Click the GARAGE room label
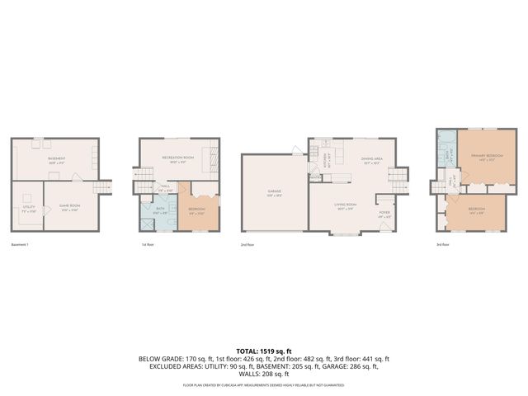274,191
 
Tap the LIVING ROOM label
344,204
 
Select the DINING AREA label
370,160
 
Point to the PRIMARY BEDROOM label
483,157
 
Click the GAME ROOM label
68,207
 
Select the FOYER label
384,214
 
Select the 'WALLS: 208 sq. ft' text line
264,375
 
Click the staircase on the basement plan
102,189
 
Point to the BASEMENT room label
56,159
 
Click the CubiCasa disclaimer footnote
264,385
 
